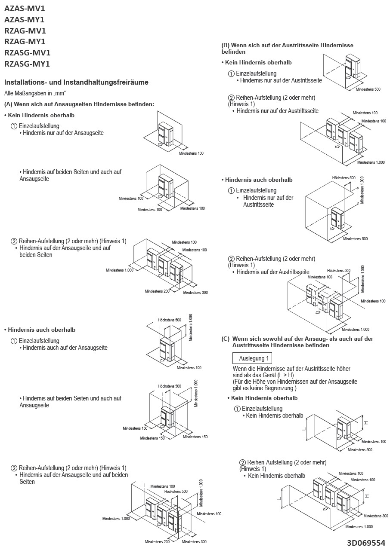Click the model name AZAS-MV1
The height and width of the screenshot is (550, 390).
(24, 8)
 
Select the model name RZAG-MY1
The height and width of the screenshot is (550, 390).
(25, 42)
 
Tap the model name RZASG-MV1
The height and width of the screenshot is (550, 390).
(27, 53)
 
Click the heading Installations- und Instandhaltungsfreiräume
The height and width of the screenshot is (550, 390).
(76, 82)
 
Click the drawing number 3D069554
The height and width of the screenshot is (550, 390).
(366, 543)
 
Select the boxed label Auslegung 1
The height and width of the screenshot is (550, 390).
(252, 358)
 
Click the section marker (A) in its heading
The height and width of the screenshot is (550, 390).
(8, 104)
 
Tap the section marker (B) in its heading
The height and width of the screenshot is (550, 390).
(225, 45)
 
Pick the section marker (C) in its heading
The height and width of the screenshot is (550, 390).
(226, 339)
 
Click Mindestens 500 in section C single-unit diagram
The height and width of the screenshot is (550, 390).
(360, 449)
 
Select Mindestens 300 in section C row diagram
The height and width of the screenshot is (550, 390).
(375, 516)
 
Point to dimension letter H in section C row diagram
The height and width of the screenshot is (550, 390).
(366, 495)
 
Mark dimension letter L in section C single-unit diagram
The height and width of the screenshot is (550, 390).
(303, 429)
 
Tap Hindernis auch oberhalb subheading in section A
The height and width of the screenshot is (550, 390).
(41, 330)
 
